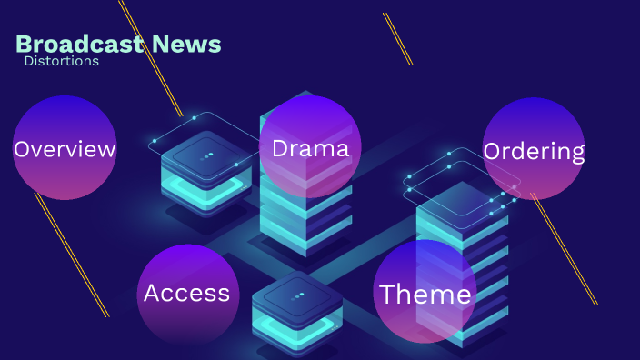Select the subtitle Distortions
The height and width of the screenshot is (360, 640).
click(62, 61)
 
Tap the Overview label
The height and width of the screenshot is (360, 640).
click(65, 149)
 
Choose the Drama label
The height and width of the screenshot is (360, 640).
click(311, 148)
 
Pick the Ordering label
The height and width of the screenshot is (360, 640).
click(534, 151)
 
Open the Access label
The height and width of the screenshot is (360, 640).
click(186, 293)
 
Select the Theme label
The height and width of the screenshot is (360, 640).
click(425, 294)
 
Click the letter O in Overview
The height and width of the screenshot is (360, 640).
click(23, 149)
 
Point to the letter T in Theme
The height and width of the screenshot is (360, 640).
click(388, 294)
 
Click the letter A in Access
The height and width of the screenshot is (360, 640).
click(153, 293)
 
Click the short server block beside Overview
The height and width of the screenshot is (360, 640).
click(205, 173)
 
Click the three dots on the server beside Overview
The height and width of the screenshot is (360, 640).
click(207, 155)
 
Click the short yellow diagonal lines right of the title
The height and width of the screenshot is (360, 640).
click(397, 38)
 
